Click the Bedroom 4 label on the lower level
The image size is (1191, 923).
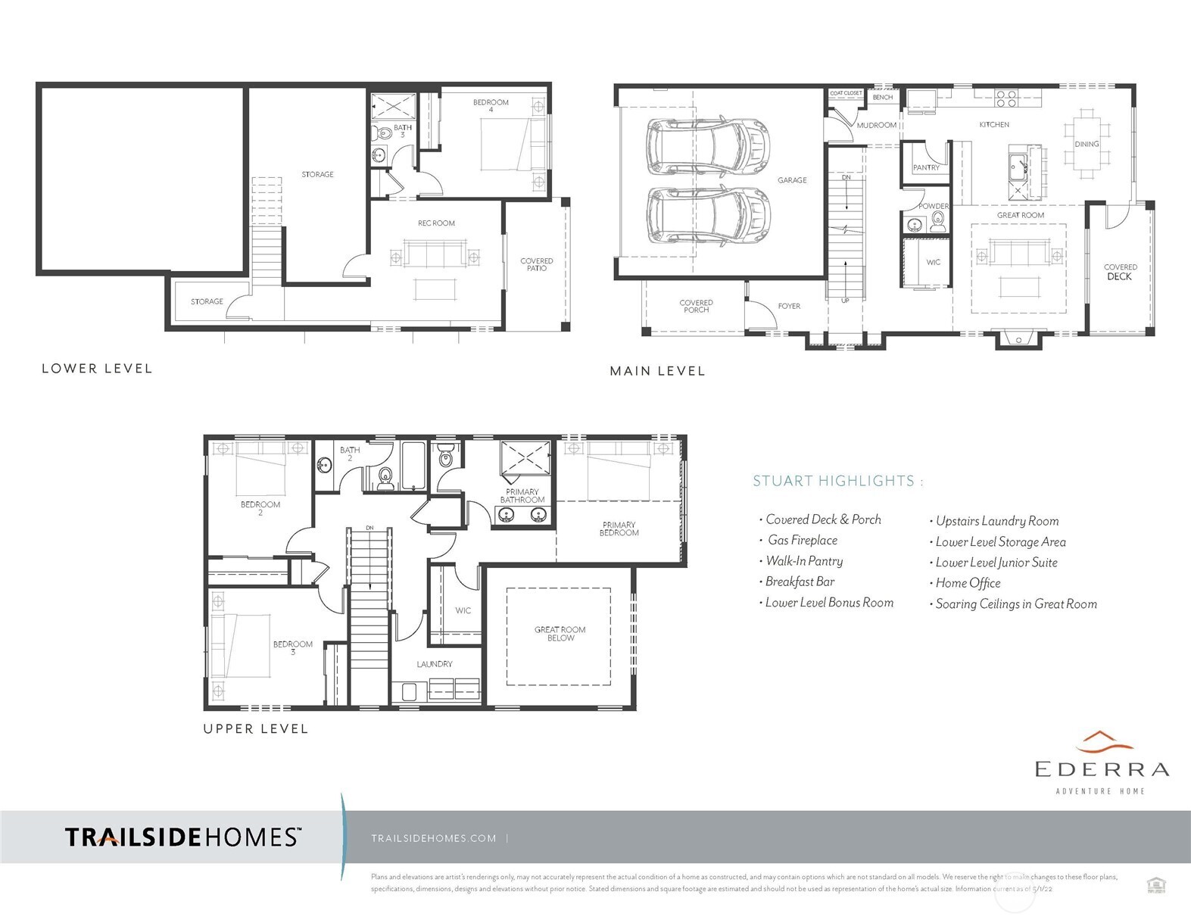(491, 106)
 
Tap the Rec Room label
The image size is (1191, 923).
(436, 223)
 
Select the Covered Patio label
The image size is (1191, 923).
(536, 264)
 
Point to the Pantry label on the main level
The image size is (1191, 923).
(925, 168)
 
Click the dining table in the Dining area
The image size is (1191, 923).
(1087, 144)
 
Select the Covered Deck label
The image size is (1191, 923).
(1120, 272)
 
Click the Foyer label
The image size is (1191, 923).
(789, 307)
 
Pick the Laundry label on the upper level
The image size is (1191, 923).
(435, 664)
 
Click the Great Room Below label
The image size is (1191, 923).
(560, 634)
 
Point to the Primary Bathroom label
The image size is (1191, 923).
(522, 496)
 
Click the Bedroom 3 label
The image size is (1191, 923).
(293, 648)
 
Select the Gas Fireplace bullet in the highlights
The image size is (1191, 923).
(802, 541)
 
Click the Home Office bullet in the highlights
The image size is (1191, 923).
(968, 583)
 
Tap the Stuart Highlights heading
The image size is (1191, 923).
(837, 481)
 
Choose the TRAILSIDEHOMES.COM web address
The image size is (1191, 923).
(434, 838)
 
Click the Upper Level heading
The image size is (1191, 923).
(255, 729)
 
